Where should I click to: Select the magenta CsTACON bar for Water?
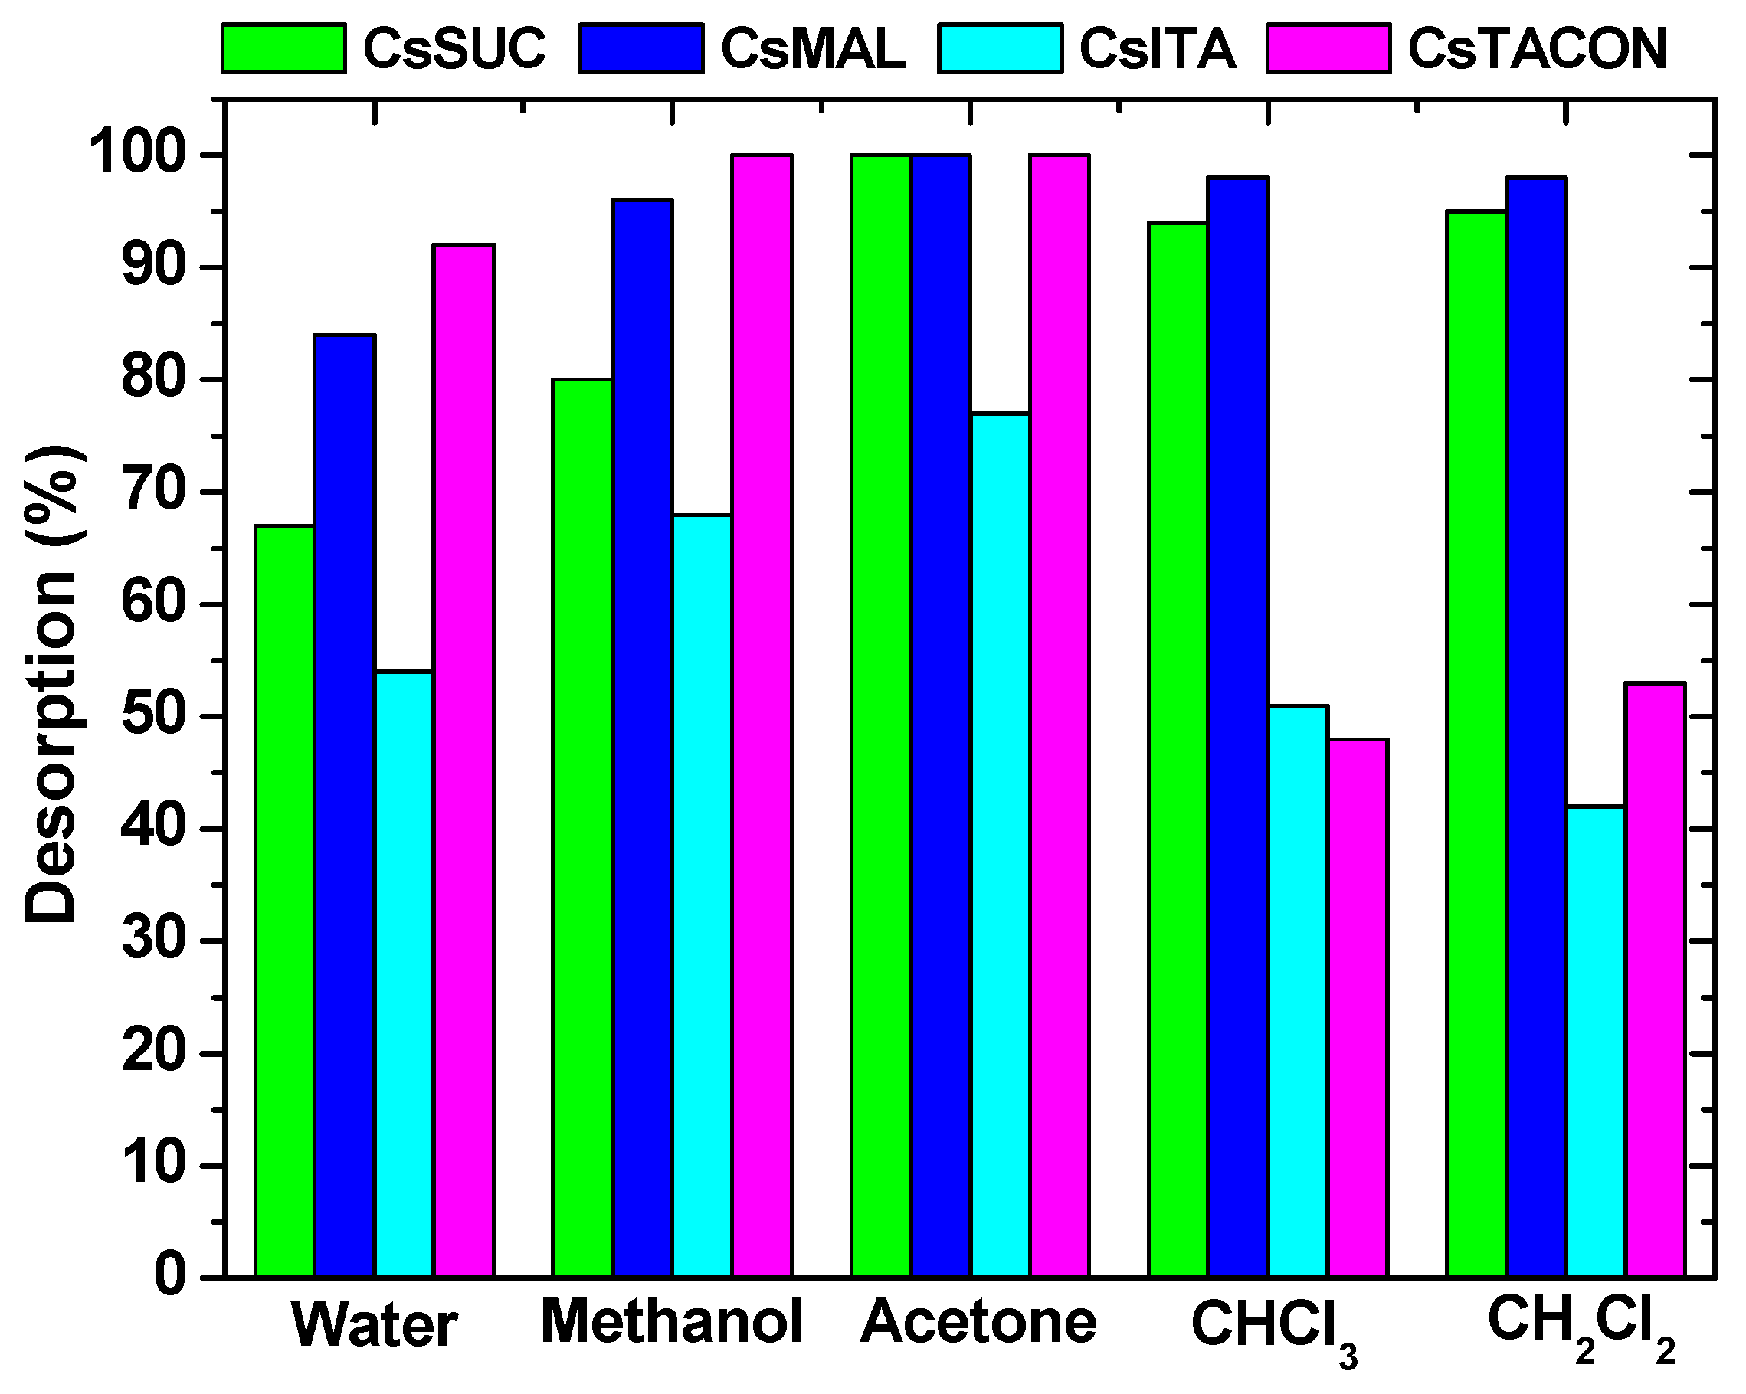click(x=464, y=761)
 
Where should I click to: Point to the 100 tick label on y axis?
click(x=137, y=154)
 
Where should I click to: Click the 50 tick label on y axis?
click(x=154, y=716)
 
